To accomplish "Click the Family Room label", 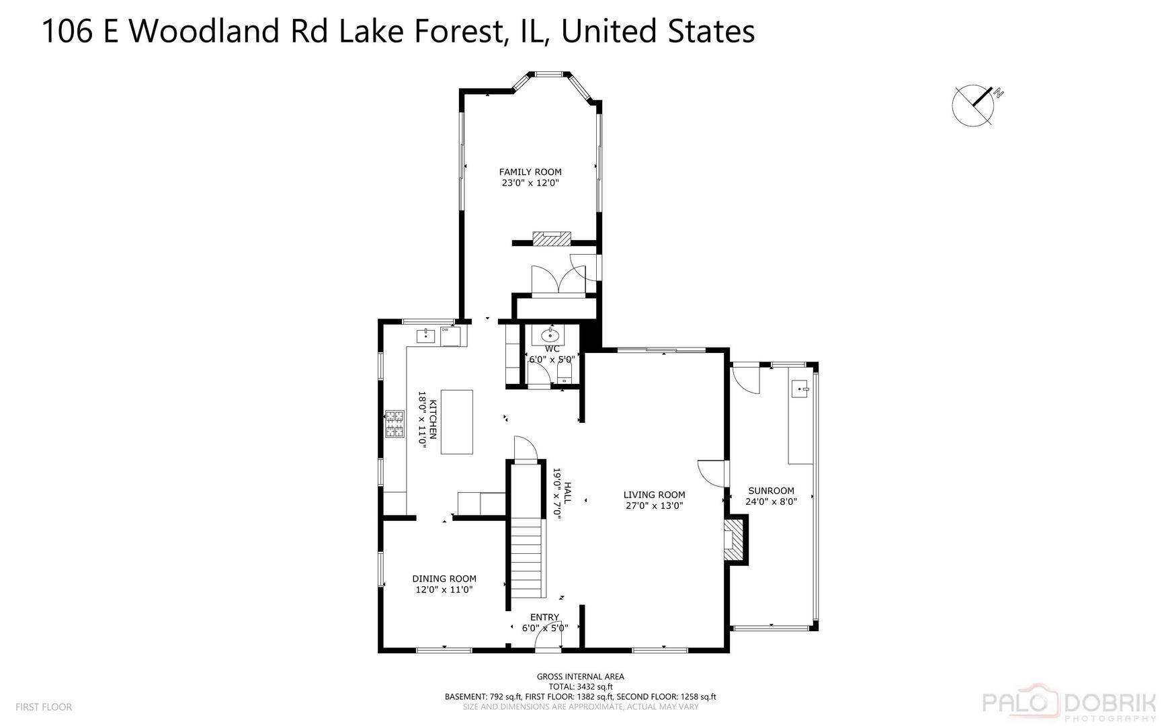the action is point(530,172).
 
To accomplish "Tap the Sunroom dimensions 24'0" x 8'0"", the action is point(771,501).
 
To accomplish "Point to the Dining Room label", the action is point(444,579).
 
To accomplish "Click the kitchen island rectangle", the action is point(457,422).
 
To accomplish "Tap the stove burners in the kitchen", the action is point(395,424).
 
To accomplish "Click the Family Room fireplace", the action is point(552,238).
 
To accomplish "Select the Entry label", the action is point(544,617).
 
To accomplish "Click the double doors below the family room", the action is point(558,280).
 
